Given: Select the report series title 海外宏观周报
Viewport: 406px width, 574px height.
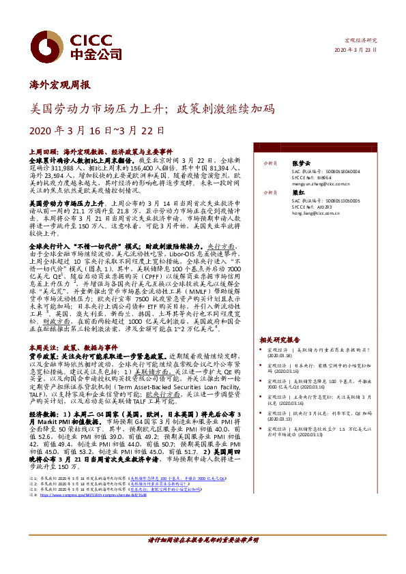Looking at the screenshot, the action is tap(61, 87).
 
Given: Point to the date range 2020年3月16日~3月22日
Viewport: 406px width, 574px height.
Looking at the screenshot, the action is tap(98, 131).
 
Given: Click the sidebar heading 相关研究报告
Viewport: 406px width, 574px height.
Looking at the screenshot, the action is tap(280, 339).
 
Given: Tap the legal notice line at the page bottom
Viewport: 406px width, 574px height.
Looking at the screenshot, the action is tap(203, 540).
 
